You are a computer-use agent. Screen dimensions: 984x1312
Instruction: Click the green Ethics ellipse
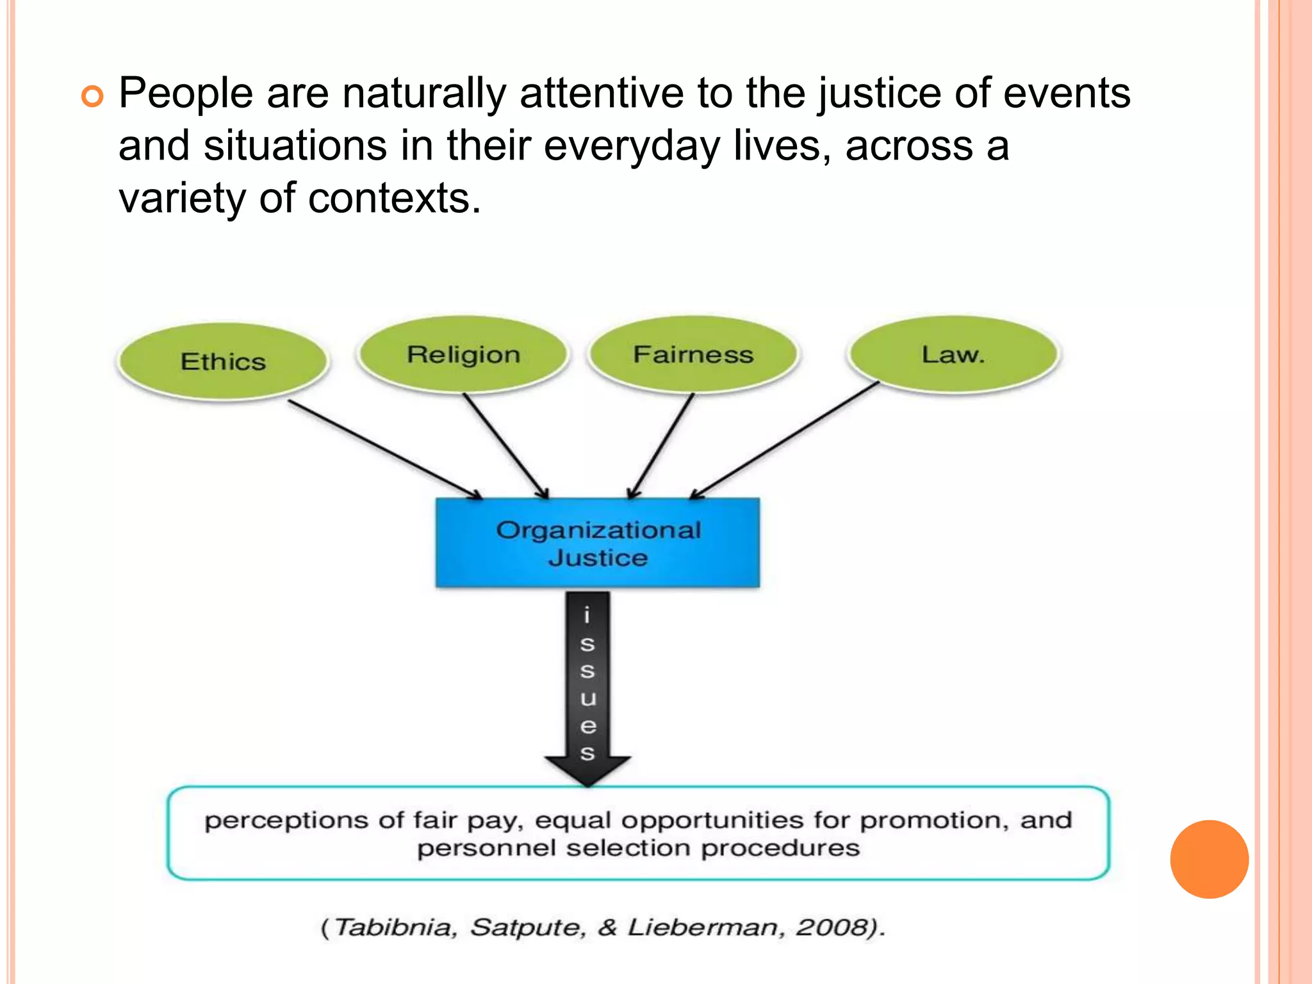point(223,361)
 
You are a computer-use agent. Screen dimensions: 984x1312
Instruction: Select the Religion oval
point(463,354)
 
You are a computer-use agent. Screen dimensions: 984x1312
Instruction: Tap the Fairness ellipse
point(693,354)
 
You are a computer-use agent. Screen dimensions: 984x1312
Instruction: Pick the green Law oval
point(953,354)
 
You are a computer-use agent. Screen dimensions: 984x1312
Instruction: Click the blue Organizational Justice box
point(598,543)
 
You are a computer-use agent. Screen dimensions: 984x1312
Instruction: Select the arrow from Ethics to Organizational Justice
point(384,449)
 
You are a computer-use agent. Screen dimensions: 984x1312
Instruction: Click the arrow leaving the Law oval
point(785,440)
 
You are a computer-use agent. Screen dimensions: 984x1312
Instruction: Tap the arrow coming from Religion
point(506,446)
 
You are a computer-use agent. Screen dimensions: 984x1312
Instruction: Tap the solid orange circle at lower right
point(1209,859)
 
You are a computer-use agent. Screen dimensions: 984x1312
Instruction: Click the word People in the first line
point(186,94)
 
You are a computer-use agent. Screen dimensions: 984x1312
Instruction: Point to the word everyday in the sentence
point(632,147)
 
